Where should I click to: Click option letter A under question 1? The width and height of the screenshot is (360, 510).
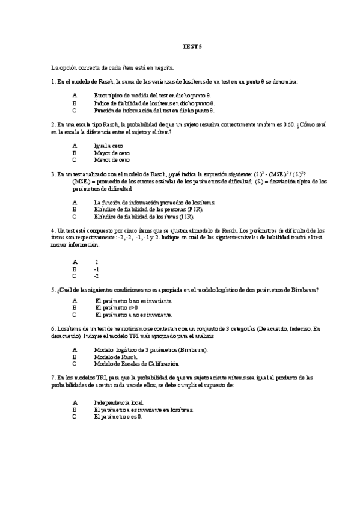[75, 95]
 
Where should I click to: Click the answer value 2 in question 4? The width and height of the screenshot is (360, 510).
[97, 262]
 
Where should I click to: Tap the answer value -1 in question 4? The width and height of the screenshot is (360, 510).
[97, 269]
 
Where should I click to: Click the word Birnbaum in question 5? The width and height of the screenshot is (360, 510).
[304, 289]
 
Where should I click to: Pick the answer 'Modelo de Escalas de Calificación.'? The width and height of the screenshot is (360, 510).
[137, 364]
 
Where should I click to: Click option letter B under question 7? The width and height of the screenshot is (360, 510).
[75, 409]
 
